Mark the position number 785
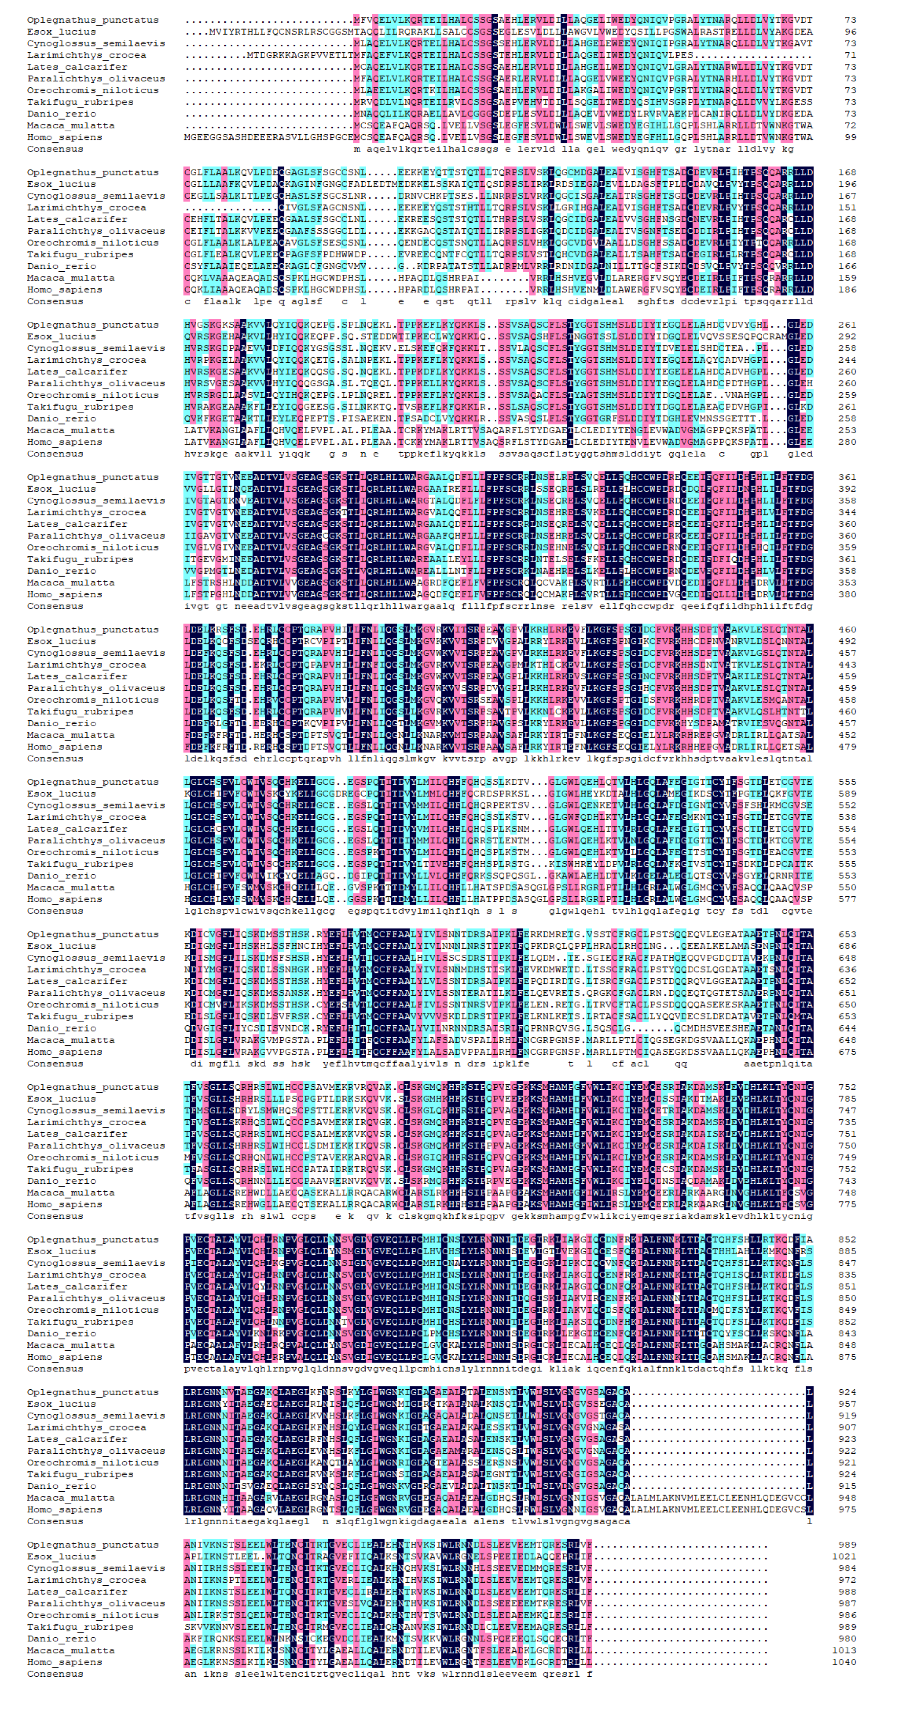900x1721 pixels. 847,1099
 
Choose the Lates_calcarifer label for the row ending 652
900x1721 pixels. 77,982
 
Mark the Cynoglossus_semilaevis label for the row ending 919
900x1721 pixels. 96,1416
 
